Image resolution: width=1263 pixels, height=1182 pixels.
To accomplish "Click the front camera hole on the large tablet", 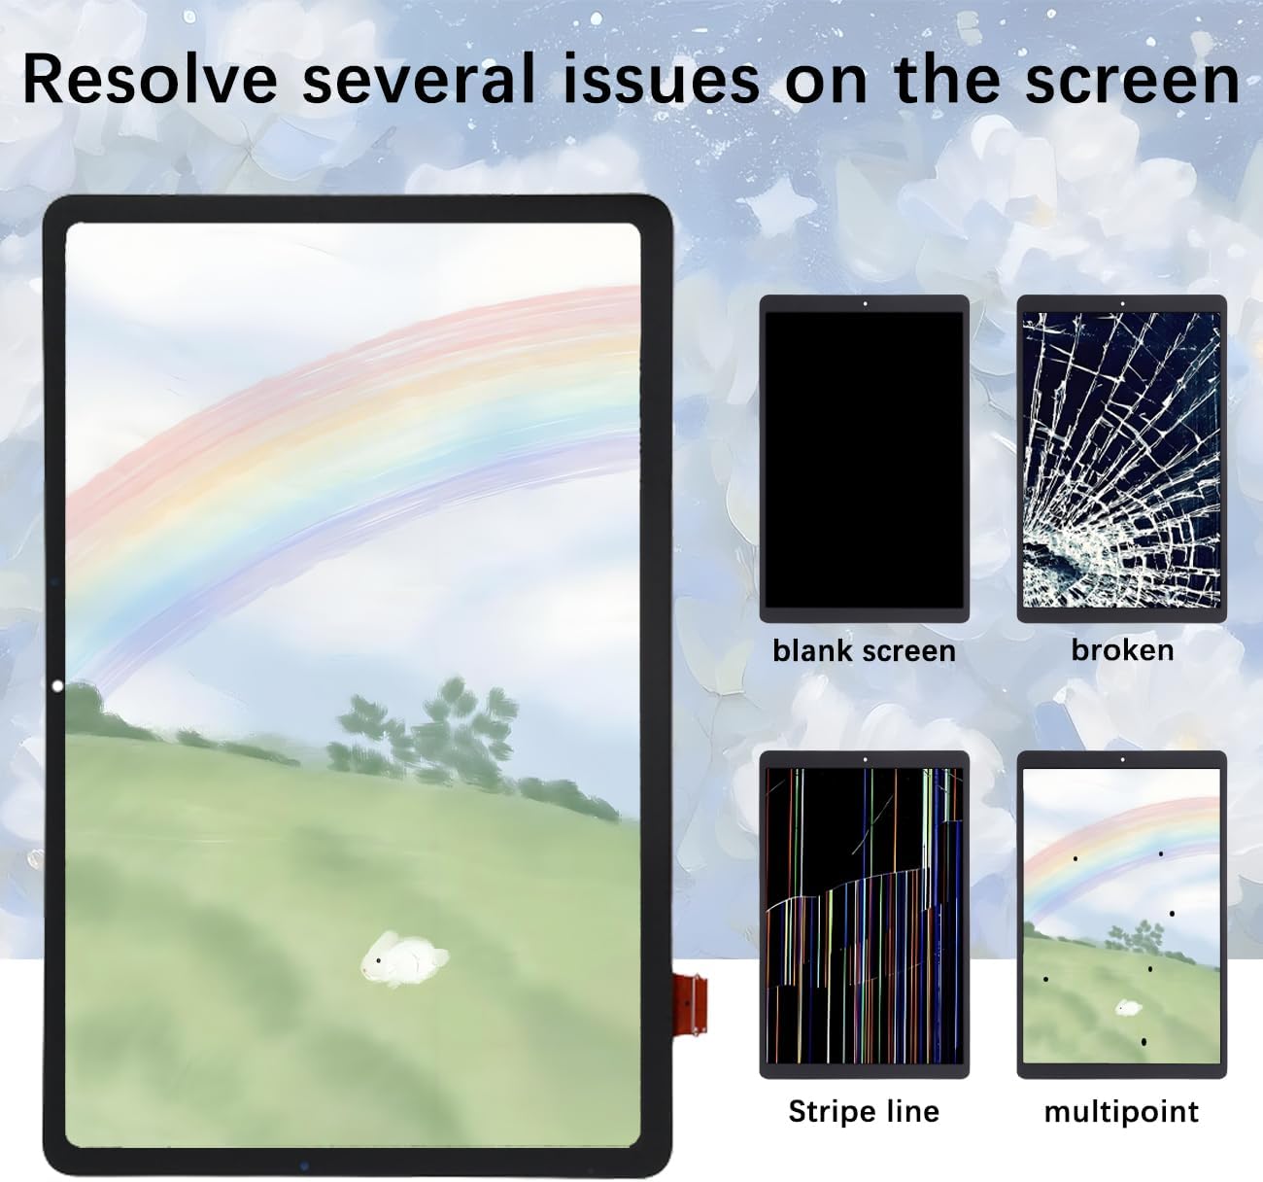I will tap(55, 686).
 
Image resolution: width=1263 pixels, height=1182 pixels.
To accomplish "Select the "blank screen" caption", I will tap(864, 650).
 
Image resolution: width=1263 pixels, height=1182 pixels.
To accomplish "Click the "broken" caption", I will tap(1122, 649).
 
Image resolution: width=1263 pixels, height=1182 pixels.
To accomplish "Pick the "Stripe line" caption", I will tap(864, 1111).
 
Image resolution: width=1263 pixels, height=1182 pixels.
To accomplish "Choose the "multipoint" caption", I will tap(1121, 1111).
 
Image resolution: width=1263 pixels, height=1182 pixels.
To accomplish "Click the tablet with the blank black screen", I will tap(864, 458).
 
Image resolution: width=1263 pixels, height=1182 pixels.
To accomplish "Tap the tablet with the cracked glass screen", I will tap(1121, 458).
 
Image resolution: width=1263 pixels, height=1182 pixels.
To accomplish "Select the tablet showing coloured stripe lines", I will tap(864, 915).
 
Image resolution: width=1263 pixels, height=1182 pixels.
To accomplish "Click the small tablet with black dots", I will tap(1121, 915).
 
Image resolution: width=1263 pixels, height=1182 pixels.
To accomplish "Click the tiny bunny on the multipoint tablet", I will tap(1128, 1007).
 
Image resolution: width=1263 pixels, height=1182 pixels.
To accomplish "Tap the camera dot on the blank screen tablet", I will tap(864, 303).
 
